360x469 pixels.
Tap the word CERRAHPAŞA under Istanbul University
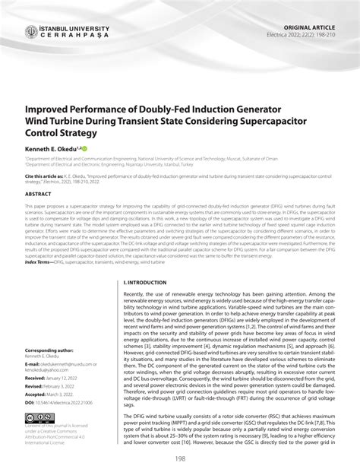tap(73, 36)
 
